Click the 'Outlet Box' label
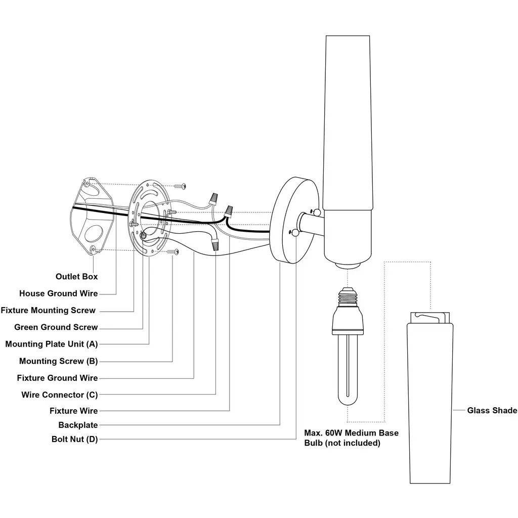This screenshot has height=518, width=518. click(77, 277)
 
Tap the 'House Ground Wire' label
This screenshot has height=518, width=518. click(59, 293)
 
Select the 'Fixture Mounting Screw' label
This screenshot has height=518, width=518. click(48, 310)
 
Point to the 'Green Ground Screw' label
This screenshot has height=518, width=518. click(56, 327)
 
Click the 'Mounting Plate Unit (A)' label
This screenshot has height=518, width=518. click(52, 344)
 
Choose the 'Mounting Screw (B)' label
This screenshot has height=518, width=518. click(59, 361)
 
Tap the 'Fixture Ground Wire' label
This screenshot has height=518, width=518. click(58, 377)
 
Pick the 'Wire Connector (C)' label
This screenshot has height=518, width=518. click(60, 395)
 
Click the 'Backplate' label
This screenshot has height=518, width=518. click(78, 425)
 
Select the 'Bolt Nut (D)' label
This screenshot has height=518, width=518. click(75, 439)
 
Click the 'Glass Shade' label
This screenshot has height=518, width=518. click(492, 410)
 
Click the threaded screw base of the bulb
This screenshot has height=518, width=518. click(348, 296)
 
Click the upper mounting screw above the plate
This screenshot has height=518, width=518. click(180, 186)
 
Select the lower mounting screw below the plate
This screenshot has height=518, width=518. click(173, 252)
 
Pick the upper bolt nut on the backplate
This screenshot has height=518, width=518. click(317, 212)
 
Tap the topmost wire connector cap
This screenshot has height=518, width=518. click(212, 198)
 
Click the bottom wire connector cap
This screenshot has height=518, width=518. click(215, 244)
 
